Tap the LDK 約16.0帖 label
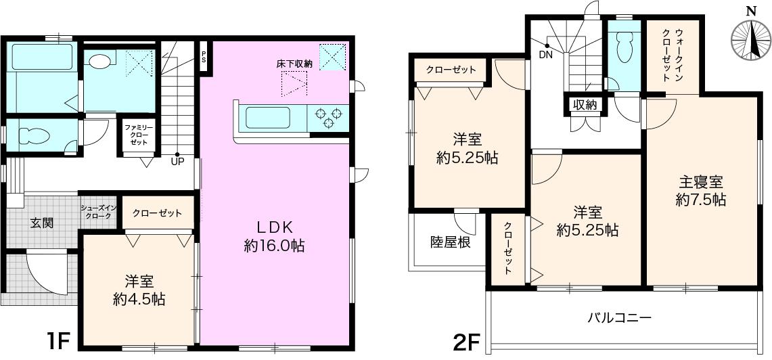[274, 236]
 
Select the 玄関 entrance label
[43, 223]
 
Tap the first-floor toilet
[35, 135]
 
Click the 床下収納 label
[294, 64]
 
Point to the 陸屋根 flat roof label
[450, 243]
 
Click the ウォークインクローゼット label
[672, 55]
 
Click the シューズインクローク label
[99, 212]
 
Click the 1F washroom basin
[100, 61]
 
